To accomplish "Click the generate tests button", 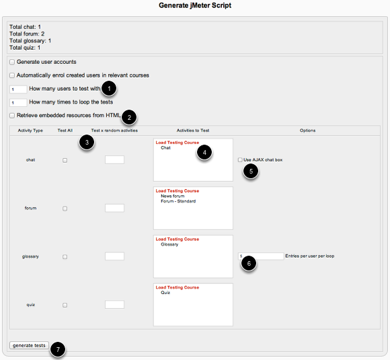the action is click(x=29, y=345).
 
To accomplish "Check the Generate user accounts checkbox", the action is click(x=12, y=62).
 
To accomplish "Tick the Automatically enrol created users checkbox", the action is click(x=12, y=75).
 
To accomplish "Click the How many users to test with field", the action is click(x=18, y=89).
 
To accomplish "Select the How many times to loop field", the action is click(x=18, y=102).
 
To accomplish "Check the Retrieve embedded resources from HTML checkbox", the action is click(x=12, y=116).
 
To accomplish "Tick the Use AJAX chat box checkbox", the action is click(x=240, y=160).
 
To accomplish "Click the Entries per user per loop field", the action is click(x=261, y=256).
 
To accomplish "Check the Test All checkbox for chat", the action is click(x=65, y=160).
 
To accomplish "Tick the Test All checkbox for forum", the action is click(x=65, y=209).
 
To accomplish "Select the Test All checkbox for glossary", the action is click(x=65, y=256).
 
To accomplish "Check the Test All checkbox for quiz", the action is click(x=65, y=305).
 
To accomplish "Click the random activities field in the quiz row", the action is click(x=114, y=304).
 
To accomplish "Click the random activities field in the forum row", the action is click(x=114, y=208).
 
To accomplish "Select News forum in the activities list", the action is click(x=173, y=196).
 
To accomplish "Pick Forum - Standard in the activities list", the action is click(x=178, y=201).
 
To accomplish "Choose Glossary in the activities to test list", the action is click(x=169, y=244).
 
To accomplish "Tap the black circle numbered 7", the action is click(x=58, y=349).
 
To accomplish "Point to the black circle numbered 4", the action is click(x=204, y=152).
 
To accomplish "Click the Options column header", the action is click(x=308, y=131).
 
